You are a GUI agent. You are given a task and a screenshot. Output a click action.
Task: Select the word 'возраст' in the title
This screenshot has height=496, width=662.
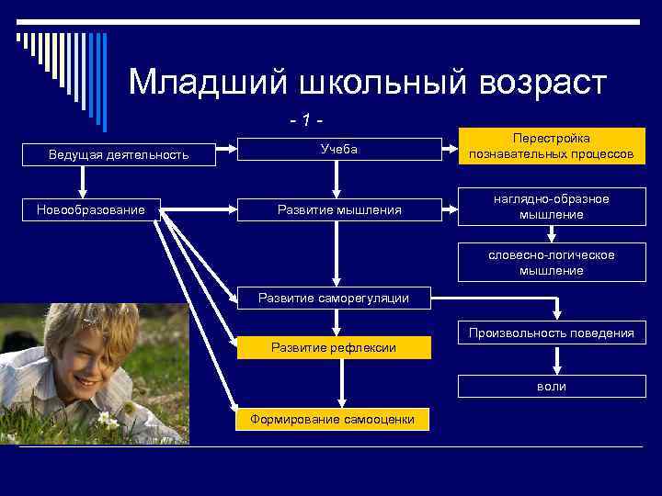pos(542,83)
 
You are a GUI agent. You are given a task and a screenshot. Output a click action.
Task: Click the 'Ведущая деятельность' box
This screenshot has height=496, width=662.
pos(119,154)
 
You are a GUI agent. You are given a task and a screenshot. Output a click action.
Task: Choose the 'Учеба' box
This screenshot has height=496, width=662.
pos(338,149)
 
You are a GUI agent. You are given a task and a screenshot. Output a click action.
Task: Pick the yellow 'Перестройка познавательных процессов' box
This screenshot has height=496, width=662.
pos(551,145)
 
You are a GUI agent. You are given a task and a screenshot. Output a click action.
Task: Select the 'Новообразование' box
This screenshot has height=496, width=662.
pos(91,210)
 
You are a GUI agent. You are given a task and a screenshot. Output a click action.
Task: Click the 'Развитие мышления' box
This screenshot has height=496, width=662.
pos(338,210)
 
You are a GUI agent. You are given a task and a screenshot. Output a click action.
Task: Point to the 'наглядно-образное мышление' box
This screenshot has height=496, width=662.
pos(551,207)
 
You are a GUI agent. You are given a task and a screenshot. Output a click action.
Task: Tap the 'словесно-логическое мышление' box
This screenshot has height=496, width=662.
pos(551,263)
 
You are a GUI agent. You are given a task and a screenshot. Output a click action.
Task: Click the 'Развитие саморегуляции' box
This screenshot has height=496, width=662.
pos(333,297)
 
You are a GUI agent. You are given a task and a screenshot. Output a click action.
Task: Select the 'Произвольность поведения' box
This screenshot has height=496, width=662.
pos(551,333)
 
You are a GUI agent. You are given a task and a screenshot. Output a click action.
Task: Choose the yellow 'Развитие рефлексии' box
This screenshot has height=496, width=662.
pos(333,347)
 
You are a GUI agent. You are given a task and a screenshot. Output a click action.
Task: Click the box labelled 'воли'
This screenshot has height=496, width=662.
pos(551,387)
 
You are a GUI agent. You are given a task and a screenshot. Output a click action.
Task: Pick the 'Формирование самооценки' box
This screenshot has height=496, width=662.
pos(333,420)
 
